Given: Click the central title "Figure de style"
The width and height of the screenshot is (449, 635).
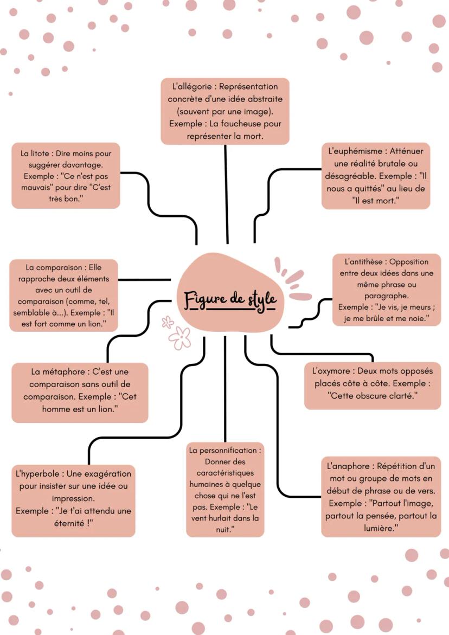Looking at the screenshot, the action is [230, 300].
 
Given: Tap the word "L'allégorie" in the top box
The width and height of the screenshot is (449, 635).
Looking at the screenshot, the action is [192, 86].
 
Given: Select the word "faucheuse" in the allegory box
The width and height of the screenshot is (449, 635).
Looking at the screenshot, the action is [240, 124].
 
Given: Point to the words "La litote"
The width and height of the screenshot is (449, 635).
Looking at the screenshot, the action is [35, 153].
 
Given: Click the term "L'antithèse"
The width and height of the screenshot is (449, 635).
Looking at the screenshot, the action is [363, 261].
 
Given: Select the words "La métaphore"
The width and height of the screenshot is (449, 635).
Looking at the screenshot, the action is [58, 372].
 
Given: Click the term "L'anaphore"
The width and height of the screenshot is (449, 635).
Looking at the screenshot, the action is [348, 466].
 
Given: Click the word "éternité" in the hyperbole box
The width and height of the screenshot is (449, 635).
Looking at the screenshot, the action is [69, 523].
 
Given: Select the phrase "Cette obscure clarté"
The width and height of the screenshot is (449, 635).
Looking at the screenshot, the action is [373, 396].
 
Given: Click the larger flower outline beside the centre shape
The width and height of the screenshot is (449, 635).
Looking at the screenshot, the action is [180, 338].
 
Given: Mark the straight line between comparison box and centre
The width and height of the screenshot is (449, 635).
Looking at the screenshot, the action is [145, 279].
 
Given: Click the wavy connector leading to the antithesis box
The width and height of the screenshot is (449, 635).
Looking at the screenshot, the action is [311, 313].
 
